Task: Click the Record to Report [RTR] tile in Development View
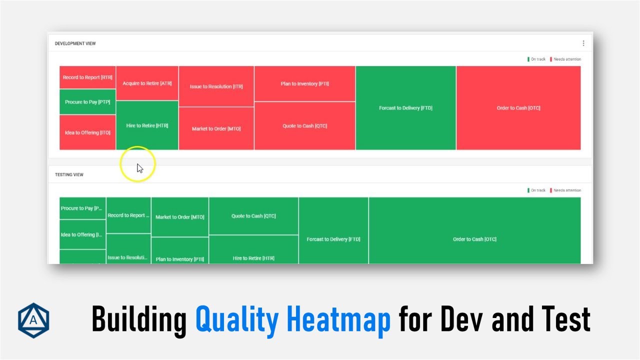click(87, 77)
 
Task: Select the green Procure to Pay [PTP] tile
click(87, 102)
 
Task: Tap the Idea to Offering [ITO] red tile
click(87, 132)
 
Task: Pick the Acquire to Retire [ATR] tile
click(147, 83)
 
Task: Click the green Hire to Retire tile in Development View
click(147, 125)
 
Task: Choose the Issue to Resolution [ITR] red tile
click(216, 86)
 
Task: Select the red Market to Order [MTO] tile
click(216, 128)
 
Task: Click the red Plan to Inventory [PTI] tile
click(304, 84)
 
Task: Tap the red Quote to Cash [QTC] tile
click(304, 126)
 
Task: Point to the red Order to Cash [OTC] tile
click(518, 108)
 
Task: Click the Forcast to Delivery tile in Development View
click(405, 108)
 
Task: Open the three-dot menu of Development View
click(583, 43)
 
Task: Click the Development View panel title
click(75, 43)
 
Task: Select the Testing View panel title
click(69, 174)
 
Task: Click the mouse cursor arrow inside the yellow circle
click(139, 168)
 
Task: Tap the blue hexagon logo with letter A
click(33, 320)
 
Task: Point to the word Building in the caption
click(138, 320)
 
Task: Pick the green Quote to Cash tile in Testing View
click(253, 216)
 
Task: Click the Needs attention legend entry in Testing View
click(566, 190)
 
